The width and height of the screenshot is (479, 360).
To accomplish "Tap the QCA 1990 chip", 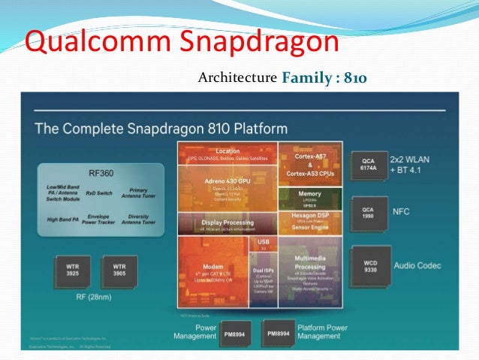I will (x=367, y=212).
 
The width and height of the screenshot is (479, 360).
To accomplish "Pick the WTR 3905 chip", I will (x=118, y=271).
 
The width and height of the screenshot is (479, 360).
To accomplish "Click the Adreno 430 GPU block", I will (x=227, y=180).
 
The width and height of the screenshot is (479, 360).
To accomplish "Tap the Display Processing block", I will (x=227, y=223).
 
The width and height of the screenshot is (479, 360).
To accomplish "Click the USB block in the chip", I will (x=263, y=243).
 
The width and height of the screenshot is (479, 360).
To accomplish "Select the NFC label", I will (x=402, y=212).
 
